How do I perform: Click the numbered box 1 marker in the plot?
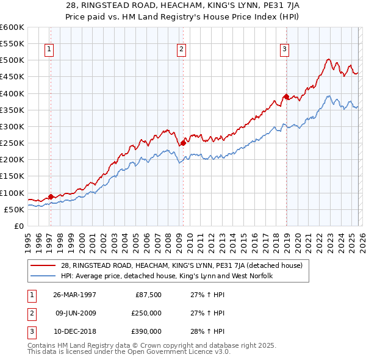point(49,50)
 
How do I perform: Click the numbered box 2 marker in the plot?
point(182,50)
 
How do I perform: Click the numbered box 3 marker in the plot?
point(285,50)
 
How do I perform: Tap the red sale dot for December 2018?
point(285,96)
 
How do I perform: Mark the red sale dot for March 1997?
point(51,196)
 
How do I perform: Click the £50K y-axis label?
point(14,209)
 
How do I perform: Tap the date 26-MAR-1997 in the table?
point(74,295)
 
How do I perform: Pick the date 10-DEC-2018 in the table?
point(74,331)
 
